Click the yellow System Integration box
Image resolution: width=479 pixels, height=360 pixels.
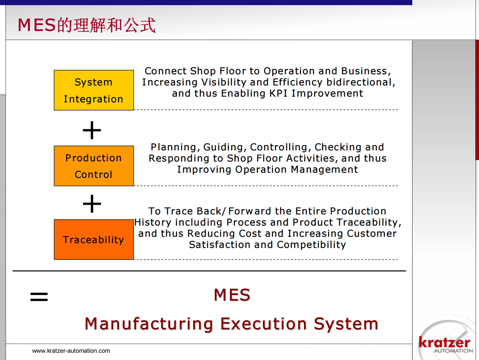(x=94, y=90)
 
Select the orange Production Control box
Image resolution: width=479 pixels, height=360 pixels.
(x=94, y=166)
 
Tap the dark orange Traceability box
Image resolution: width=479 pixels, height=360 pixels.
(x=94, y=239)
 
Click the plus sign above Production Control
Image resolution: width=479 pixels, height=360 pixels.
(x=92, y=130)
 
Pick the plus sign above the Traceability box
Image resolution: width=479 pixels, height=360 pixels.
(x=92, y=204)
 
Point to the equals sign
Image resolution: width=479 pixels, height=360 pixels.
(x=39, y=297)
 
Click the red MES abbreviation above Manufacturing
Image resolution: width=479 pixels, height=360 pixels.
(x=232, y=295)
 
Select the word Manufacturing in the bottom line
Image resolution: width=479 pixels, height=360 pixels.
(x=149, y=324)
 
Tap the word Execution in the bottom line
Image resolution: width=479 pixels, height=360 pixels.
(x=263, y=324)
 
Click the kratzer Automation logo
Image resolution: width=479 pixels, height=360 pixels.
(x=444, y=344)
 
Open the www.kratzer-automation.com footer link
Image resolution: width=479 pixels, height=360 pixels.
(x=71, y=351)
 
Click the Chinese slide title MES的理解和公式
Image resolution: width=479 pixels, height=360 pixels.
(x=87, y=25)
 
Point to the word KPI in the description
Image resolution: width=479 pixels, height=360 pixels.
(x=278, y=93)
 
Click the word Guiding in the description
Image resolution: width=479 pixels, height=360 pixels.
(x=223, y=147)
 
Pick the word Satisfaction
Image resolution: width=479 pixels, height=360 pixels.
(x=220, y=245)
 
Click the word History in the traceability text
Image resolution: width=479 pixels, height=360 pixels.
(x=153, y=223)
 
